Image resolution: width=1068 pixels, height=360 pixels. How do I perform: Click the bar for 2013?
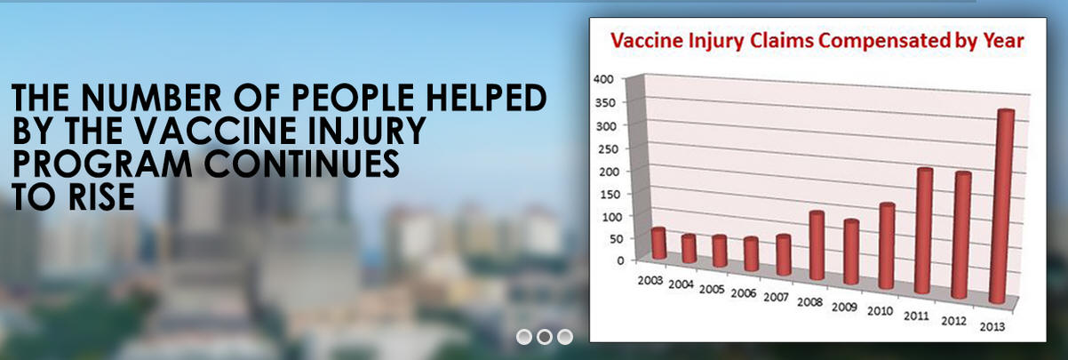point(1001,206)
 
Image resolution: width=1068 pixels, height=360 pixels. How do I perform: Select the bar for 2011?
point(923,231)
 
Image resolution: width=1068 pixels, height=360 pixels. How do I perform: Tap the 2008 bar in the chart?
point(817,245)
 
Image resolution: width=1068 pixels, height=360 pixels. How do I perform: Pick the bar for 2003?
point(659,244)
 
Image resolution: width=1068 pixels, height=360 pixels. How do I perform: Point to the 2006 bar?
point(752,254)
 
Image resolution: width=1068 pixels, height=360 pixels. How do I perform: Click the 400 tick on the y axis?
point(603,79)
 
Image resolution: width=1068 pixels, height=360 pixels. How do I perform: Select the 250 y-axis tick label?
point(607,148)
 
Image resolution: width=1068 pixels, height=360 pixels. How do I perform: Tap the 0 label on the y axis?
point(620,260)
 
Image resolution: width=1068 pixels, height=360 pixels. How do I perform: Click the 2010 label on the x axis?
point(880,311)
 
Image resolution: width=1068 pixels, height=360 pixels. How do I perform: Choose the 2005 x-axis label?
point(712,289)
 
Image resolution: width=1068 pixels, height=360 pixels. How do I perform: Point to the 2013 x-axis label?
point(992,326)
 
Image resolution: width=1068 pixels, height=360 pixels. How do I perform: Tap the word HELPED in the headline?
point(486,98)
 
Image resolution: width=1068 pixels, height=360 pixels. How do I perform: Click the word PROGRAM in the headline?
point(102,163)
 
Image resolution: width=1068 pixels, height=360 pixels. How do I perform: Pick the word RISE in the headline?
point(101,196)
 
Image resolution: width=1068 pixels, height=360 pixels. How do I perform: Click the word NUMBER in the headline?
point(151,98)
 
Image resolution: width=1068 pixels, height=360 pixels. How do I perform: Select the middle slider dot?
point(545,337)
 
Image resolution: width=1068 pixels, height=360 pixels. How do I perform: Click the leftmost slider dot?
point(524,337)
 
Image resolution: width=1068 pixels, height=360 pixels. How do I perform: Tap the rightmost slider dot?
point(565,337)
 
